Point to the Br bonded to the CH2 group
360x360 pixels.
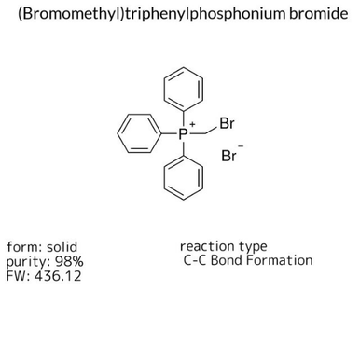point(227,119)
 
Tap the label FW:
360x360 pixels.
point(18,276)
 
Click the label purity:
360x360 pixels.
point(26,261)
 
